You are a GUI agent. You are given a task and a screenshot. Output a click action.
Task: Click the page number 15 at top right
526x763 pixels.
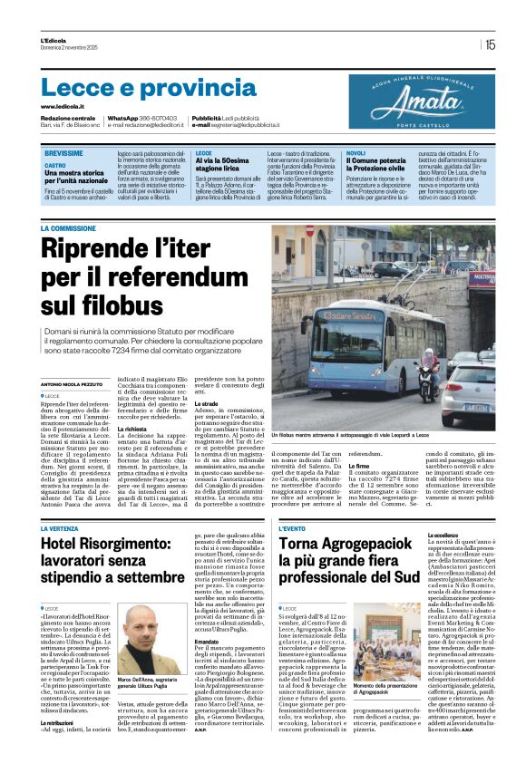pos(490,43)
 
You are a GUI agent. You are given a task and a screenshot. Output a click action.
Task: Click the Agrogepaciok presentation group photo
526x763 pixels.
pos(387,634)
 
